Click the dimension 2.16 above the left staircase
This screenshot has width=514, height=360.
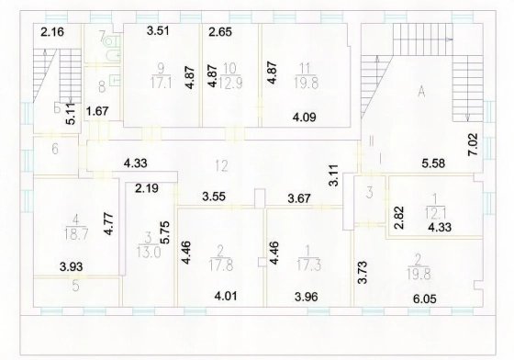(52, 32)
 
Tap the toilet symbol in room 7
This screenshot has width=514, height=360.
(109, 41)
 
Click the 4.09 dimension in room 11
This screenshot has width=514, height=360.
(305, 117)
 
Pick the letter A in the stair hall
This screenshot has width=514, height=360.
(421, 92)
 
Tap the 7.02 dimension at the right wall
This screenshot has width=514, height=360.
(474, 144)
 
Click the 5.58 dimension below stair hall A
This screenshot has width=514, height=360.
(433, 163)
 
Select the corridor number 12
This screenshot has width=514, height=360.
(221, 166)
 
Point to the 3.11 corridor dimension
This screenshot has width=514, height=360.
(334, 175)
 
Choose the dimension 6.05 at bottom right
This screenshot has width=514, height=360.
(424, 299)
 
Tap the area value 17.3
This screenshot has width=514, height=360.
(307, 264)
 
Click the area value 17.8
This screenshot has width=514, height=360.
(221, 264)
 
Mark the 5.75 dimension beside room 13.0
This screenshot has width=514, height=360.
(165, 232)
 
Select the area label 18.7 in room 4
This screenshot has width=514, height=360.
(75, 234)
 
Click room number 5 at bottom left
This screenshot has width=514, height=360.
(75, 287)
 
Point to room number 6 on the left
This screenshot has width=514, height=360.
(55, 149)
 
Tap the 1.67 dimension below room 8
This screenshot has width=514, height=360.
(97, 111)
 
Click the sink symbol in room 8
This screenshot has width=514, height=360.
(114, 80)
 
